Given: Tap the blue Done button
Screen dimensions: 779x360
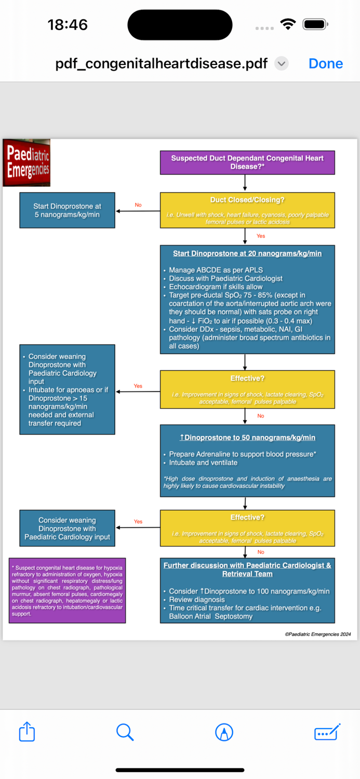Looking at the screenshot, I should point(325,63).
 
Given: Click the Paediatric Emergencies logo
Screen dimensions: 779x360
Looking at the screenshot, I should point(27,163).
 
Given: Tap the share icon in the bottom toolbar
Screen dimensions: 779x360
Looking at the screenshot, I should point(27,732).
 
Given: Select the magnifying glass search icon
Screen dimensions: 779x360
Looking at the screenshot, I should point(125,732).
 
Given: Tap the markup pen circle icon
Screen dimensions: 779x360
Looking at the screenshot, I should point(224,732).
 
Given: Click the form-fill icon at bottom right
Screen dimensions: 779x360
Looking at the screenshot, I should point(327,732).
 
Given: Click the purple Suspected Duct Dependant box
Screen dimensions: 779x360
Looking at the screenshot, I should point(247,162).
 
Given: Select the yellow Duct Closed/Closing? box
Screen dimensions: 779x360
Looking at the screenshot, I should point(247,210).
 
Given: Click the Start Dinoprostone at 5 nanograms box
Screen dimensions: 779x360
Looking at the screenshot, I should point(67,210).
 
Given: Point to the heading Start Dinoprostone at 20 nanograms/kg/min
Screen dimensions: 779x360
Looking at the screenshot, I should point(247,253).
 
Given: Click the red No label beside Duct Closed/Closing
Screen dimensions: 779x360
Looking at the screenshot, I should point(138,205).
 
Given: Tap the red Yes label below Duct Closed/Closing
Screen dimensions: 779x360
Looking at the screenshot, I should point(261,236).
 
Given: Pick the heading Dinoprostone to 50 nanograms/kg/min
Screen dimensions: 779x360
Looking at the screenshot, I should point(247,437).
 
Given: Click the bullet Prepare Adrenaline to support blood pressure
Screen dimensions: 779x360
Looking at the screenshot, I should point(243,454).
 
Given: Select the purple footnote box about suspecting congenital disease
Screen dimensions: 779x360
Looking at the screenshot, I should point(67,590).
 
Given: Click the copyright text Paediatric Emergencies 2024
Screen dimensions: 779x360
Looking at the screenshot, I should point(317,634).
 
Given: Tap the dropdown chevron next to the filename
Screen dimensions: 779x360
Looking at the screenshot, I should point(281,63).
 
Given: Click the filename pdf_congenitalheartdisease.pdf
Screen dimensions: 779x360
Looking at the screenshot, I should point(161,63).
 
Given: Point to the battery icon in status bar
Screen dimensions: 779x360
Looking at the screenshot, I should point(315,24).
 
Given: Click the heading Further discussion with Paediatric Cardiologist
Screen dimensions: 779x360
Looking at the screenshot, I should point(247,569).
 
